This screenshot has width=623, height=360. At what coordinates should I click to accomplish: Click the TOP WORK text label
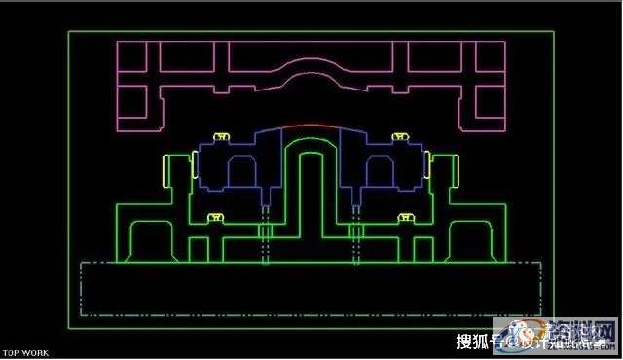tap(24, 353)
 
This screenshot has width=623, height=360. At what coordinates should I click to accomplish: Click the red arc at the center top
tap(311, 126)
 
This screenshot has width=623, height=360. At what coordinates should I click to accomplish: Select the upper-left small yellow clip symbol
tap(223, 136)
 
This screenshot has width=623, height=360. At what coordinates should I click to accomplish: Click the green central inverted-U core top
tap(311, 156)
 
